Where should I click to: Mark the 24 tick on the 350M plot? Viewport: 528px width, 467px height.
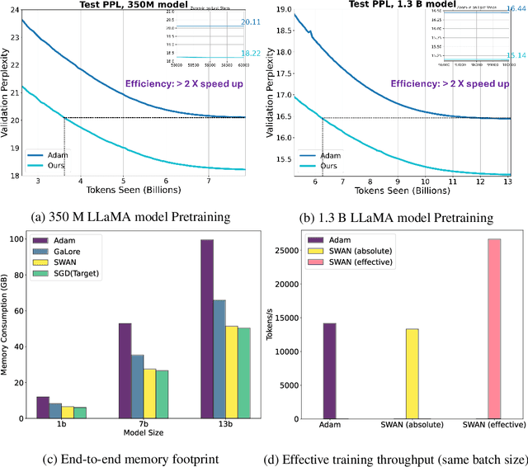pyautogui.click(x=11, y=13)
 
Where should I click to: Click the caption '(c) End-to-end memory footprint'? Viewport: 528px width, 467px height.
pyautogui.click(x=134, y=453)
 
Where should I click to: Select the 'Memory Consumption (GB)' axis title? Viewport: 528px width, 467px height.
pyautogui.click(x=7, y=328)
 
